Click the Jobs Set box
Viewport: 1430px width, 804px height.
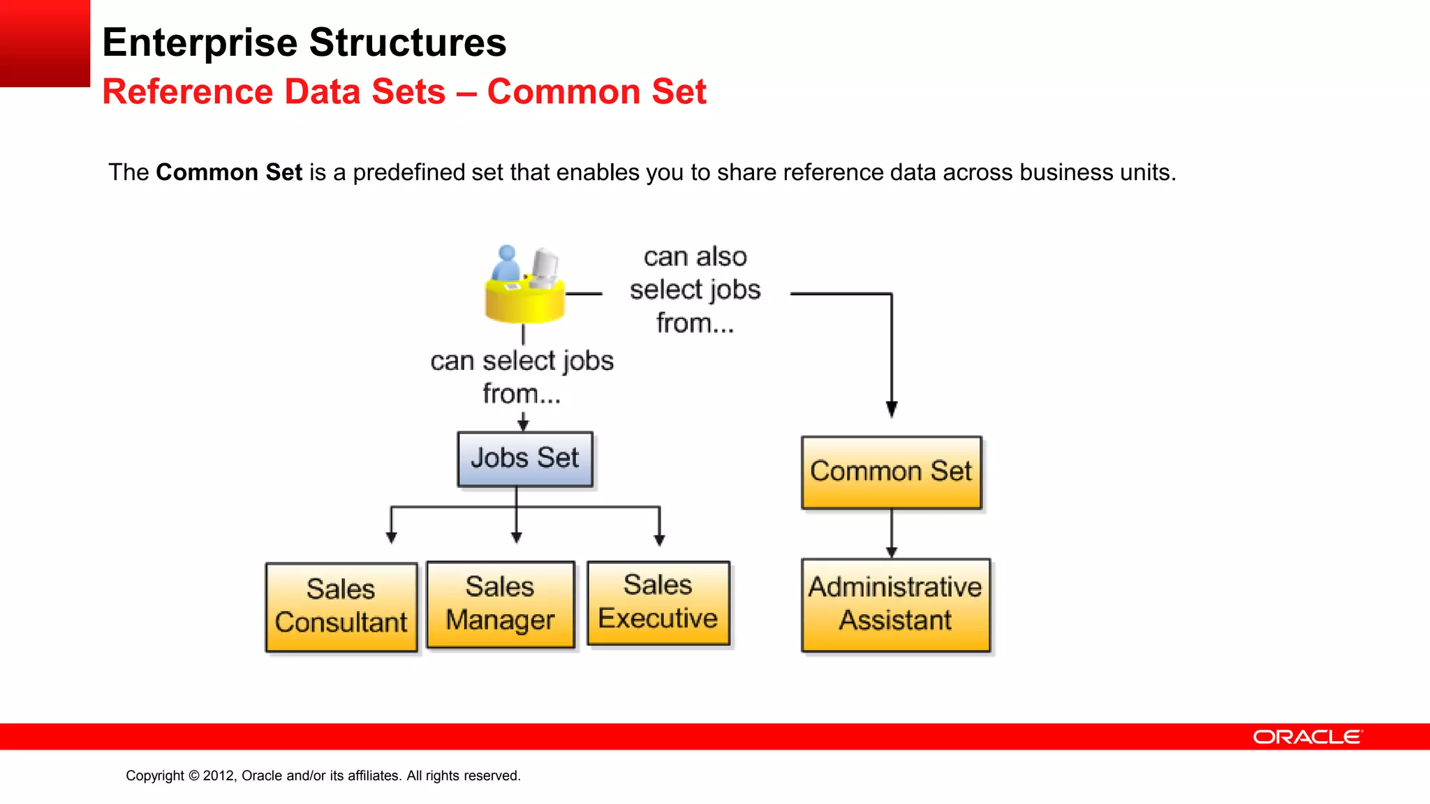pyautogui.click(x=524, y=459)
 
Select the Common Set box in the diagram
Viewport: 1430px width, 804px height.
pyautogui.click(x=891, y=472)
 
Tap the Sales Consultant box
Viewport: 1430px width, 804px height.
pyautogui.click(x=341, y=606)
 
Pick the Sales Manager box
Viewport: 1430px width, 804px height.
pyautogui.click(x=500, y=604)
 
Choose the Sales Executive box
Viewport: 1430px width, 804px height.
pyautogui.click(x=658, y=602)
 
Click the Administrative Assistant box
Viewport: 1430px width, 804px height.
pyautogui.click(x=895, y=604)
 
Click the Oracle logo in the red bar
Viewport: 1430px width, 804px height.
pyautogui.click(x=1306, y=737)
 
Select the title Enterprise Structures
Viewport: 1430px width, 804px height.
pyautogui.click(x=304, y=43)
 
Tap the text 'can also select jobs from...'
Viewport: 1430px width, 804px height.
pyautogui.click(x=695, y=290)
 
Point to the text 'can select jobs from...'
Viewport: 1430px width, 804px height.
pyautogui.click(x=522, y=377)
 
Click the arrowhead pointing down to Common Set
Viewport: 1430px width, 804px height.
pyautogui.click(x=892, y=409)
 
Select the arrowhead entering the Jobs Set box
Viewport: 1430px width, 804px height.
pyautogui.click(x=523, y=424)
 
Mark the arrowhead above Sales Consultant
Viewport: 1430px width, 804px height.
pyautogui.click(x=391, y=537)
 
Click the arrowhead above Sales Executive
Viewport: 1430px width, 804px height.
pyautogui.click(x=659, y=539)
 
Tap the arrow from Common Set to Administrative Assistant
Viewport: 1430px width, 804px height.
pyautogui.click(x=892, y=534)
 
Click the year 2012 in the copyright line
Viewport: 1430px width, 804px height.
pyautogui.click(x=219, y=775)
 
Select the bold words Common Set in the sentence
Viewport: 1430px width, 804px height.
pyautogui.click(x=228, y=172)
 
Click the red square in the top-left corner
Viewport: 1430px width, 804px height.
pyautogui.click(x=45, y=43)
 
